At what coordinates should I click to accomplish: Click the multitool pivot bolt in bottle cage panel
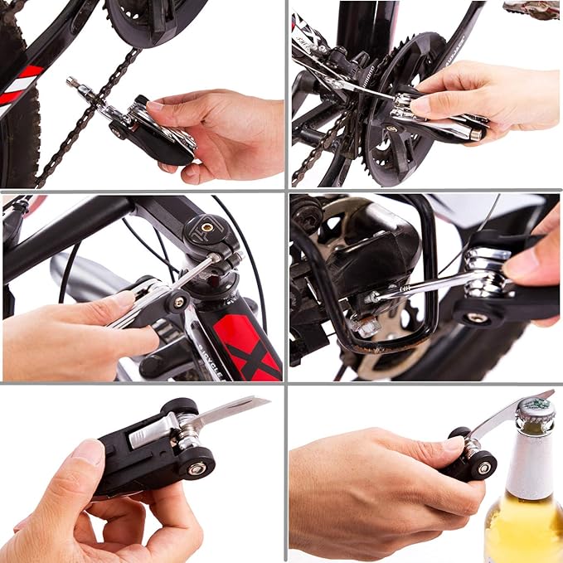(x=477, y=318)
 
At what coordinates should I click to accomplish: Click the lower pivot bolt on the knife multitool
(x=197, y=468)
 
